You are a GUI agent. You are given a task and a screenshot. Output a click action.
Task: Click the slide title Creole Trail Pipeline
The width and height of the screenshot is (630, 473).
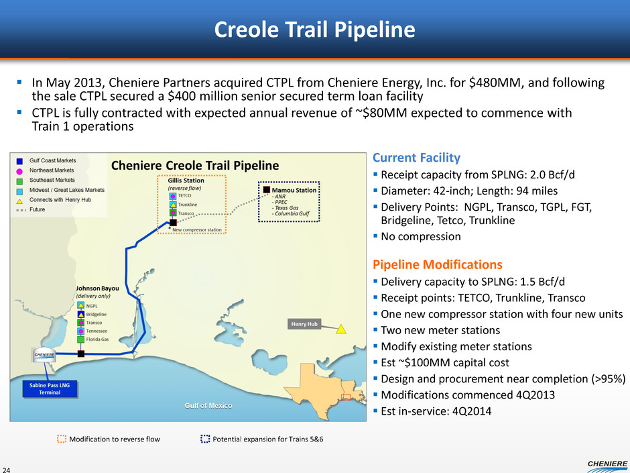[x=314, y=30]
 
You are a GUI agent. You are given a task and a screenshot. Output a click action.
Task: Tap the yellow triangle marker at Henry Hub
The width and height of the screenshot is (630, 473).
[x=341, y=329]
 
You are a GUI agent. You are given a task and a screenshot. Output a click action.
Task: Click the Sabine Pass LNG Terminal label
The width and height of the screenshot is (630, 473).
[x=50, y=388]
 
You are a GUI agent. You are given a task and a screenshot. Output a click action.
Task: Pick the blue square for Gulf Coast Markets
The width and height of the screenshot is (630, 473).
[x=19, y=161]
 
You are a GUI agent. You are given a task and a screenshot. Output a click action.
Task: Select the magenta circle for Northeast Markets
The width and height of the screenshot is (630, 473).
[x=19, y=171]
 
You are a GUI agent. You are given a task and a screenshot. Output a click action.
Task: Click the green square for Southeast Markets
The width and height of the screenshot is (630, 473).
[x=19, y=181]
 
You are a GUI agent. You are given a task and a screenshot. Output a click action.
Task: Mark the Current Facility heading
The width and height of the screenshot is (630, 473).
[x=416, y=158]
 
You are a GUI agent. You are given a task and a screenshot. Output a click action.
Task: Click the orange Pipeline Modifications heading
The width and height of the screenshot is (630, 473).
[x=437, y=264]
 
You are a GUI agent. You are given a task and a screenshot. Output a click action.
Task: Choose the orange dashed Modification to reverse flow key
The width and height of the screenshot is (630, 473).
[x=107, y=439]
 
